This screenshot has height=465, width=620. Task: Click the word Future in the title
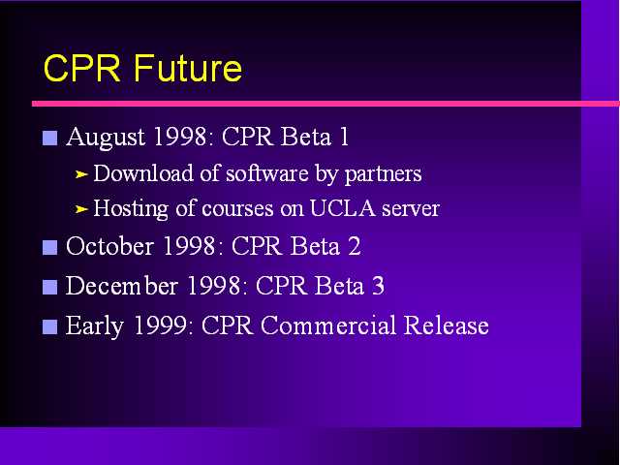(188, 68)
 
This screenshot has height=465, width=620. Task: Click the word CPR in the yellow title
(81, 68)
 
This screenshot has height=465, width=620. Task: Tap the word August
(106, 138)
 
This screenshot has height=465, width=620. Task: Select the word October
(109, 246)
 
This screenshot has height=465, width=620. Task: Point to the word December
(122, 285)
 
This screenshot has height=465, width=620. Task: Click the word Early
(95, 326)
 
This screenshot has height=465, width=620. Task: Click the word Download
(143, 173)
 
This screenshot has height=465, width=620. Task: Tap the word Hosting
(131, 209)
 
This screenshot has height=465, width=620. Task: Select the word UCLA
(342, 207)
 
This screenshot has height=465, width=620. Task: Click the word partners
(384, 174)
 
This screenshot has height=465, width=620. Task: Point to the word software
(267, 173)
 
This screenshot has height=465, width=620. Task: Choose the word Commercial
(327, 325)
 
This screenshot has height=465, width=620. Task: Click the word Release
(447, 325)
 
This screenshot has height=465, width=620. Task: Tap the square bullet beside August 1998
(49, 138)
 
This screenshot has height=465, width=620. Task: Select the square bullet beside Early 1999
(49, 327)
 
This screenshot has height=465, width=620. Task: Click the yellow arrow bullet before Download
(81, 174)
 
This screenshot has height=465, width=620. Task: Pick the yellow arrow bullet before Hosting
(81, 209)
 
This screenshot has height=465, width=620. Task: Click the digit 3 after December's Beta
(378, 286)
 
